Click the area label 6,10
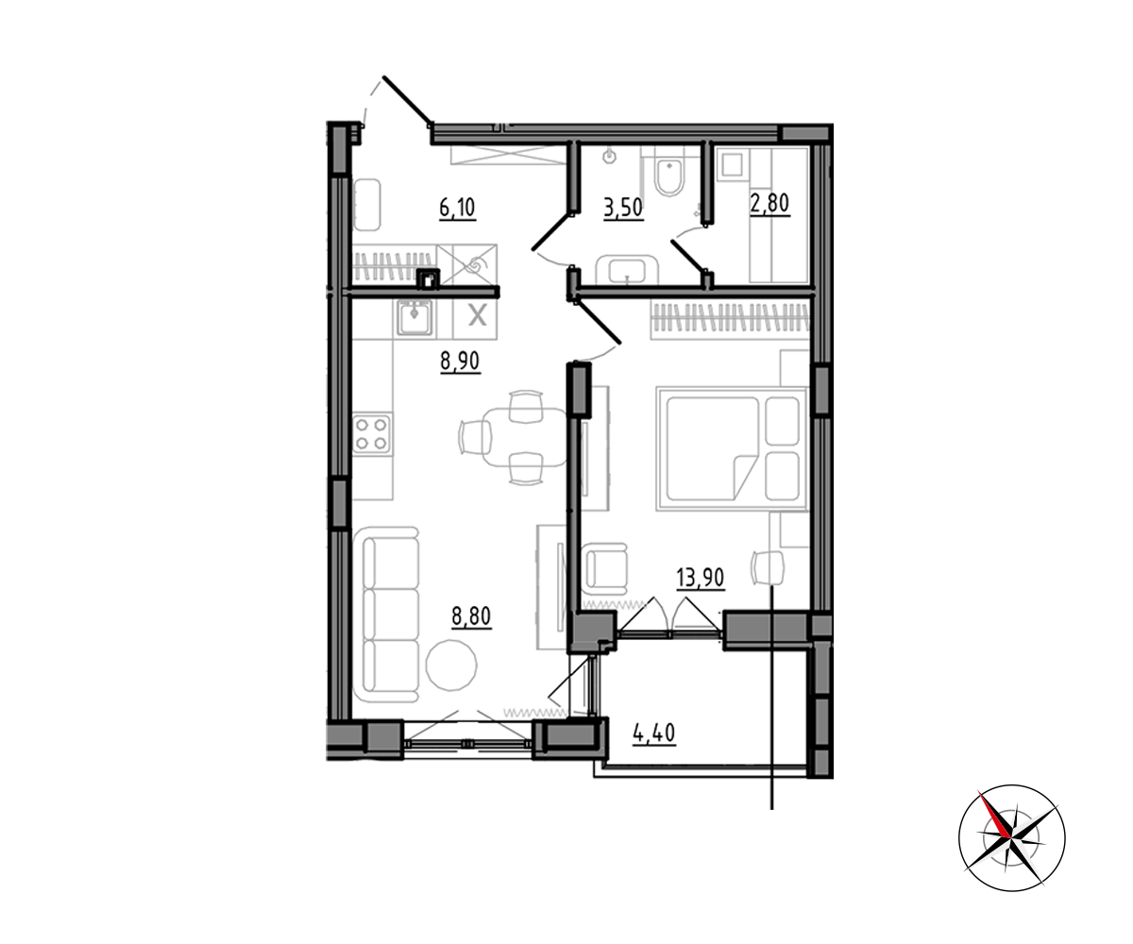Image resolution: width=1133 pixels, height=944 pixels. click(457, 208)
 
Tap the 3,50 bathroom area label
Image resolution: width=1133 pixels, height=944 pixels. click(623, 208)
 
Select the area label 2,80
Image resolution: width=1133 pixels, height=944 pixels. click(769, 204)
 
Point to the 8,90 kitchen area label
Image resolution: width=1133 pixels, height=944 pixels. click(460, 362)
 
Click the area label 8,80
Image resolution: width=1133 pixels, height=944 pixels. click(471, 616)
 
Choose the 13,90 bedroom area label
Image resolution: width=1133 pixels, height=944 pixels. click(700, 579)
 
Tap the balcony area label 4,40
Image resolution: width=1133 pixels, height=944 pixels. click(654, 733)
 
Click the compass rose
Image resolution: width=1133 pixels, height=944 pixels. click(1011, 838)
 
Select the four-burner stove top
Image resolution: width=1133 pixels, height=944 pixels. click(372, 434)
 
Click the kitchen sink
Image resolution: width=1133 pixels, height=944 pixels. click(414, 318)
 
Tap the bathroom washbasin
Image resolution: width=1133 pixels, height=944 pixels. click(627, 270)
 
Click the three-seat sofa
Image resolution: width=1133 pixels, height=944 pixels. click(386, 615)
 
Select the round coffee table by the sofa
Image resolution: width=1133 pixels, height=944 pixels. click(451, 666)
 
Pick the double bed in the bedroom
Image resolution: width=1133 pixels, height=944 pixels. click(732, 448)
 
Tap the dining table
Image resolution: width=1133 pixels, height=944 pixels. click(525, 437)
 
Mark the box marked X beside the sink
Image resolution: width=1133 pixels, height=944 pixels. click(475, 318)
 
